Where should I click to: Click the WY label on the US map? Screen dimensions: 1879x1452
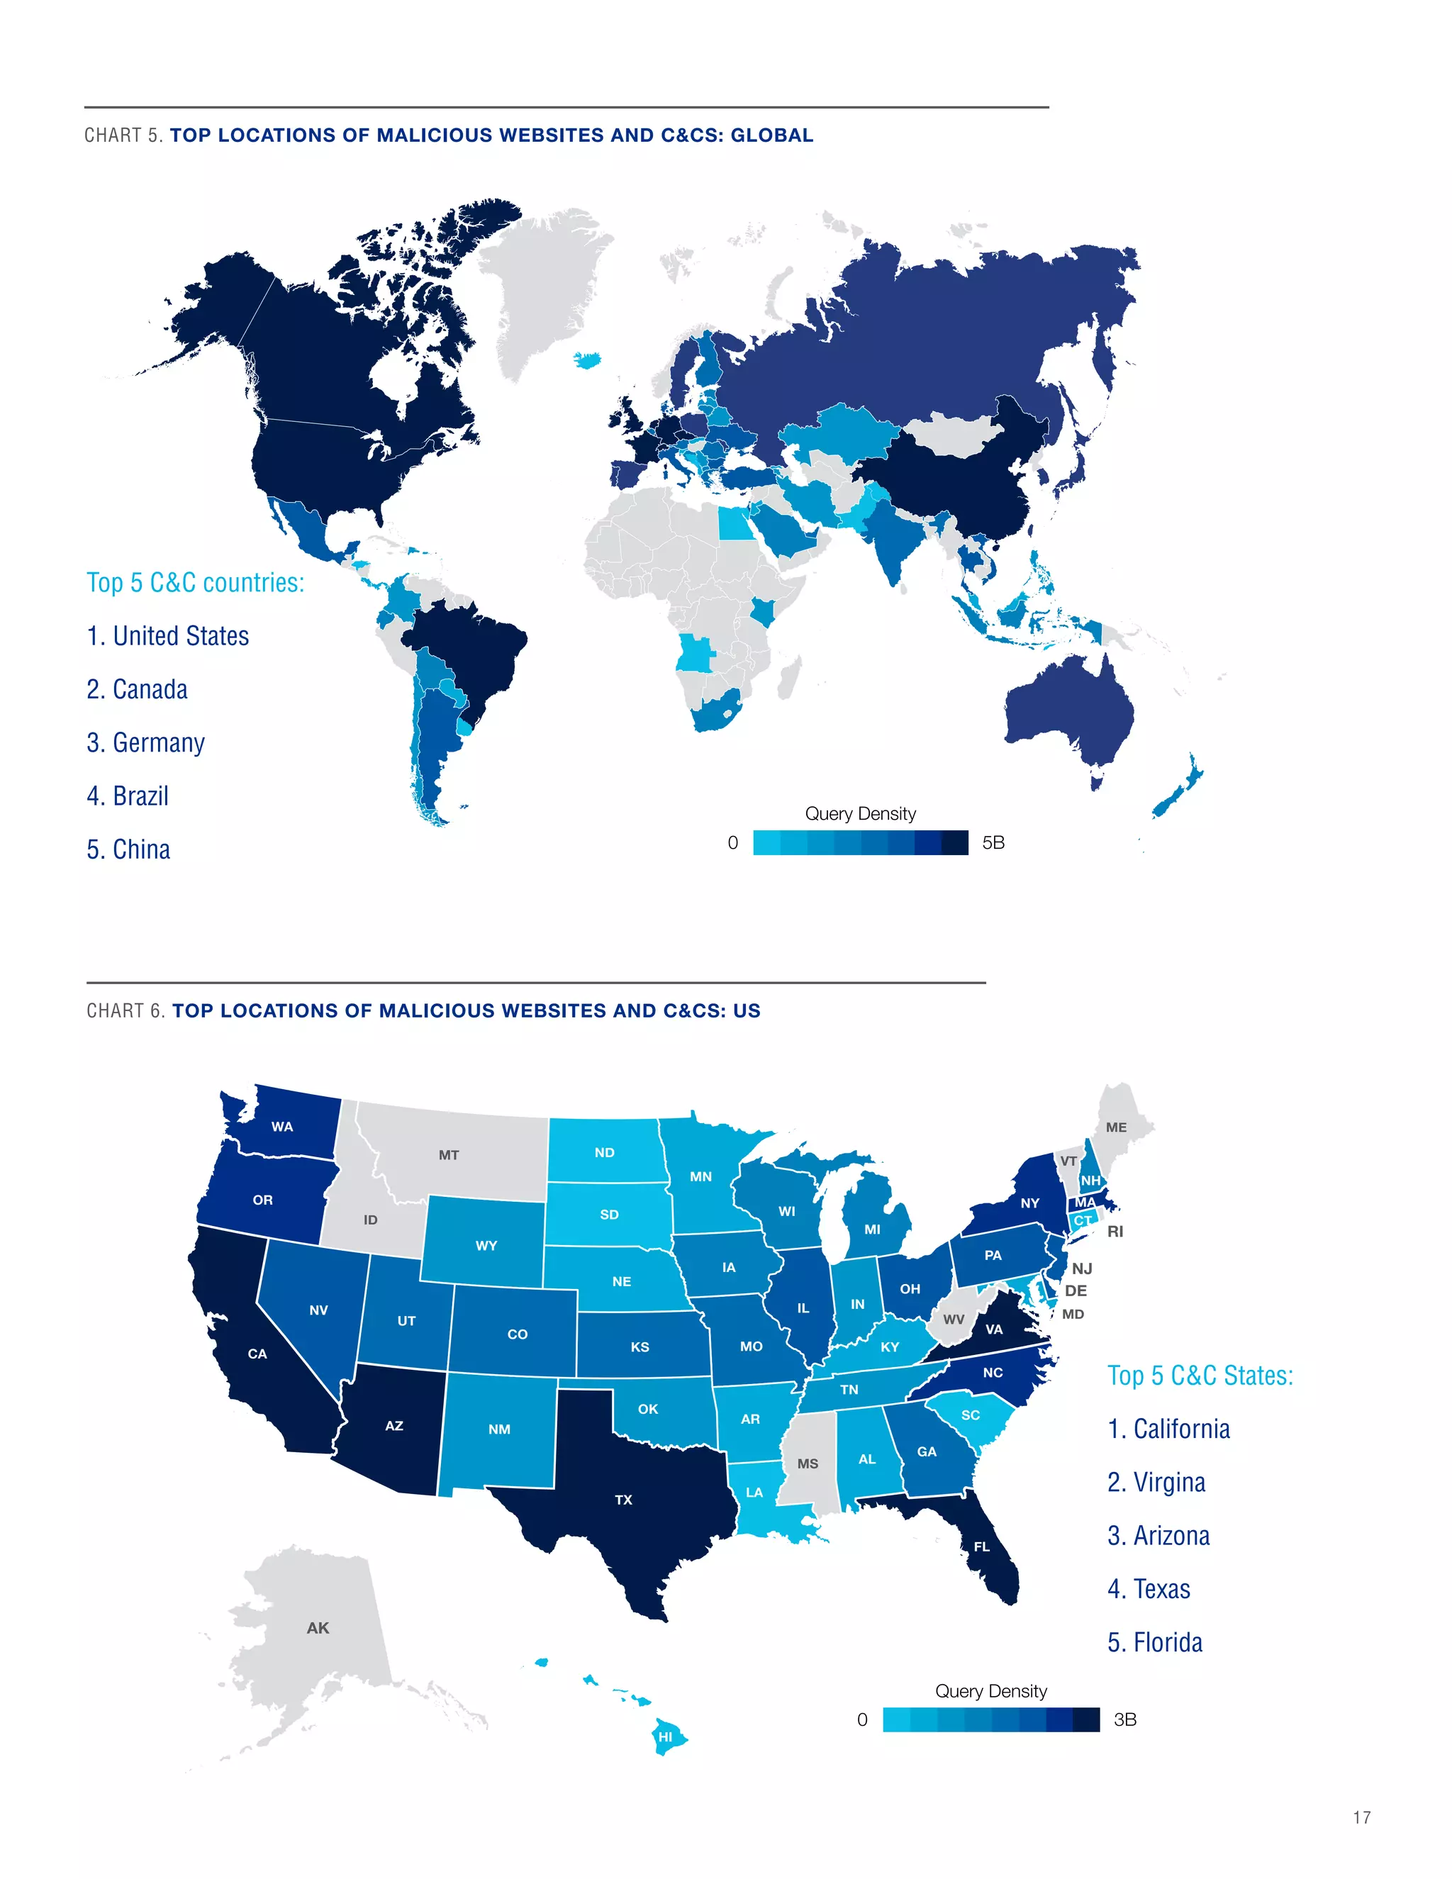pyautogui.click(x=486, y=1245)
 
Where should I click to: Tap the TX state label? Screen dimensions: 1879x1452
pyautogui.click(x=624, y=1500)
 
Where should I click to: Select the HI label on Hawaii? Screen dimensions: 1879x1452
pyautogui.click(x=665, y=1736)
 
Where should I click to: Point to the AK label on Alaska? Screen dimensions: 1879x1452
pyautogui.click(x=318, y=1628)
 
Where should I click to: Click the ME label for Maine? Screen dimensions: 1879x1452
pyautogui.click(x=1116, y=1127)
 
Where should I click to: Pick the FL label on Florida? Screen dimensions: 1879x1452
pyautogui.click(x=981, y=1546)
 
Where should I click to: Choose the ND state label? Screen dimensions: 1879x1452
pyautogui.click(x=605, y=1152)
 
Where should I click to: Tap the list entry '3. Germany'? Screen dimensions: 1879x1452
pyautogui.click(x=145, y=742)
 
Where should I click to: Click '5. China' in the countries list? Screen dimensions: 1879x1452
pyautogui.click(x=128, y=849)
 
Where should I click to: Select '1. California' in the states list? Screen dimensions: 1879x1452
pyautogui.click(x=1168, y=1429)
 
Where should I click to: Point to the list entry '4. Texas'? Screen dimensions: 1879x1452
pyautogui.click(x=1149, y=1589)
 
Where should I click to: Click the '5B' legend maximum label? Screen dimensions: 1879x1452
pyautogui.click(x=993, y=842)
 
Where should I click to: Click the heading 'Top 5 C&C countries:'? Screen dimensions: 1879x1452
pyautogui.click(x=195, y=582)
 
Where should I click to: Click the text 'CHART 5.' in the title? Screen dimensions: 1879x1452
pyautogui.click(x=124, y=135)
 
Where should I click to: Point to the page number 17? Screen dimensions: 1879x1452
pyautogui.click(x=1362, y=1817)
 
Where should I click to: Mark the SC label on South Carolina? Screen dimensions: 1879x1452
pyautogui.click(x=971, y=1415)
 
